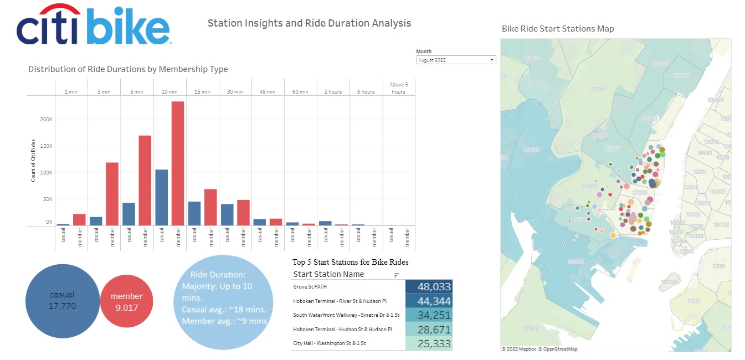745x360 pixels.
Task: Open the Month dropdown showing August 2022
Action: coord(455,60)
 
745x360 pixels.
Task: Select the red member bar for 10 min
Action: coord(178,163)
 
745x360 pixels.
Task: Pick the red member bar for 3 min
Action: coord(112,194)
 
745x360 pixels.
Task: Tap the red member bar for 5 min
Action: coord(145,181)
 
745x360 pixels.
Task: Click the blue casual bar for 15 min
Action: coord(194,213)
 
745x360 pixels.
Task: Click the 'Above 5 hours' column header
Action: coord(398,88)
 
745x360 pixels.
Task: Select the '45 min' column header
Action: coord(268,92)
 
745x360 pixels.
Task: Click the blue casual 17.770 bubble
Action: coord(61,301)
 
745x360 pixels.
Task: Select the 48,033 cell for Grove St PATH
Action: coord(429,287)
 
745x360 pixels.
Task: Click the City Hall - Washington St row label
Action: coord(330,343)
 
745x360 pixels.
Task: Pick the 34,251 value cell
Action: coord(429,315)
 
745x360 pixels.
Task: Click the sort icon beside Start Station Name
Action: coord(397,275)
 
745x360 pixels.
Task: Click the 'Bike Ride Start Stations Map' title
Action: coord(557,29)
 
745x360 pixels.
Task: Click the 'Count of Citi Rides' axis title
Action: coord(33,161)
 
